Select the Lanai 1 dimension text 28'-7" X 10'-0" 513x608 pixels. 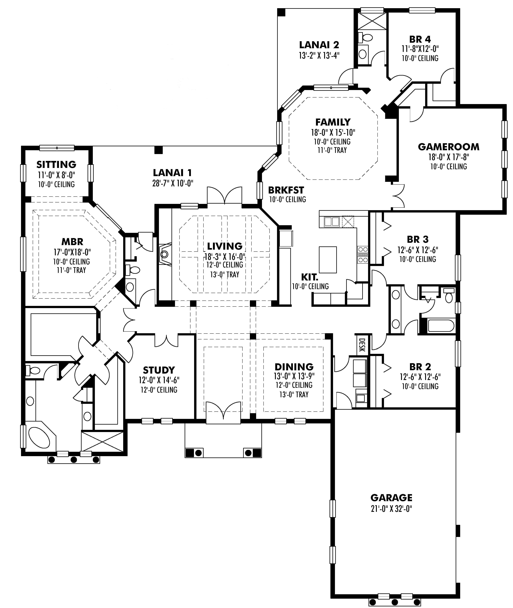click(173, 183)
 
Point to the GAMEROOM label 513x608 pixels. click(448, 147)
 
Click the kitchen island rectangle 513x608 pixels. click(328, 259)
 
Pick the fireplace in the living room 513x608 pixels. click(165, 254)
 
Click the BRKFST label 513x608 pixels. click(286, 190)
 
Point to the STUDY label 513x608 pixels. click(159, 370)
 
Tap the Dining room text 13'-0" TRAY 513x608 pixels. click(294, 395)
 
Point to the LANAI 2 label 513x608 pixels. click(319, 45)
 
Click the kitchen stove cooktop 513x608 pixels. click(363, 254)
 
